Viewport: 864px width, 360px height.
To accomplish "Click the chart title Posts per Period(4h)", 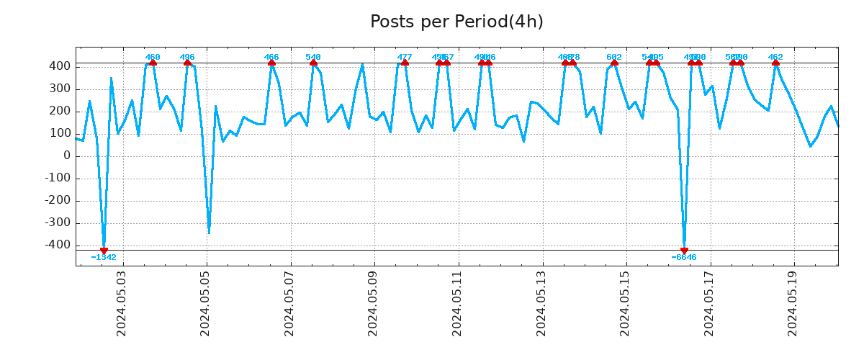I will pos(456,22).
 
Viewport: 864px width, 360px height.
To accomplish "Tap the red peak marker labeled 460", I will pos(153,63).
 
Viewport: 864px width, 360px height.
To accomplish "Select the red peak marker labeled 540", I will pos(313,63).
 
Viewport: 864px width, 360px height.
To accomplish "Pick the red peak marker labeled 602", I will pos(614,63).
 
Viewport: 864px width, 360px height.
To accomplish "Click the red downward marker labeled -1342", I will pos(104,251).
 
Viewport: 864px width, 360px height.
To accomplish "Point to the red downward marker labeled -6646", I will pos(684,251).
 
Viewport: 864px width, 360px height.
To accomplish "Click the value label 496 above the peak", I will pos(187,57).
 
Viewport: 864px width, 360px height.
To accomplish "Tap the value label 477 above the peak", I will pos(405,57).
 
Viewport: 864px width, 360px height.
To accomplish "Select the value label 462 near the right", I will pos(775,57).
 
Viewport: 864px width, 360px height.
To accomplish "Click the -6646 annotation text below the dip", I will pos(684,257).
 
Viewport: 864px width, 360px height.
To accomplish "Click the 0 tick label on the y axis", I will pos(66,156).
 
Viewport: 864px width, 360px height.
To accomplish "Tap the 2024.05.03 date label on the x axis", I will pos(121,303).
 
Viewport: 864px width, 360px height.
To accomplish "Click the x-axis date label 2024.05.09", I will pos(373,303).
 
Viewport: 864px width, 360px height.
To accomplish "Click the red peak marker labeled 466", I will pos(271,63).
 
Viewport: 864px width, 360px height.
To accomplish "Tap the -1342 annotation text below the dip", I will pos(104,257).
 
